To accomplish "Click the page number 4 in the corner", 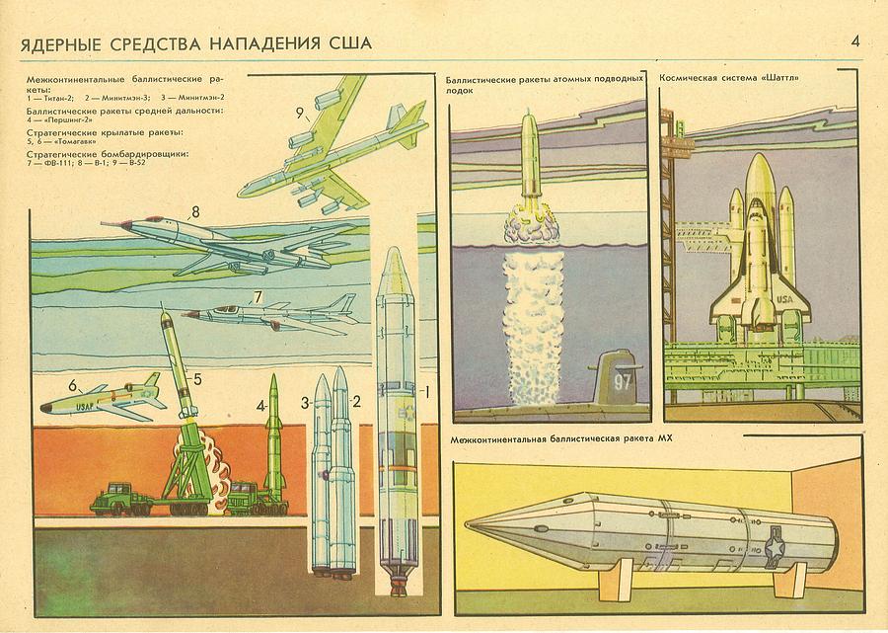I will point(855,41).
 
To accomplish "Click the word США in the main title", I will point(348,44).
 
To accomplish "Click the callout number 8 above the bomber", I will point(195,210).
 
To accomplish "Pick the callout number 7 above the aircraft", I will point(257,296).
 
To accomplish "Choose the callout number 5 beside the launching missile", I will point(197,377).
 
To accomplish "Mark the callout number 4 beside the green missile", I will point(261,405).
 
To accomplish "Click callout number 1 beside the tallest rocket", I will point(426,390).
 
